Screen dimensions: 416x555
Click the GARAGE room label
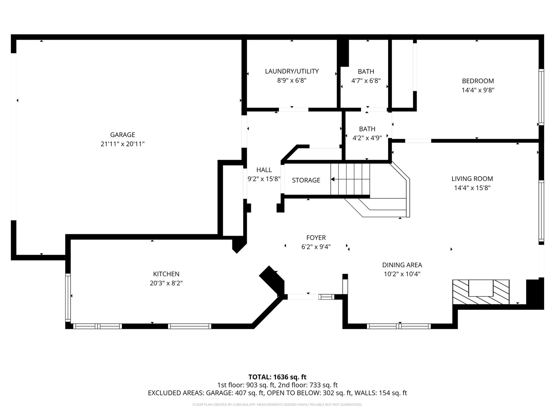pyautogui.click(x=123, y=135)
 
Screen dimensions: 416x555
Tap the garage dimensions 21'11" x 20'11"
pyautogui.click(x=123, y=144)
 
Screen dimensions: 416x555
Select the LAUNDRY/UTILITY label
pyautogui.click(x=292, y=71)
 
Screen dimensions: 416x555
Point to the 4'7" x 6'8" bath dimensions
pyautogui.click(x=366, y=81)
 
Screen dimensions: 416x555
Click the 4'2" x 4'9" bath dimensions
pyautogui.click(x=367, y=138)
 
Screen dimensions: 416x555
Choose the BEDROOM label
pyautogui.click(x=478, y=81)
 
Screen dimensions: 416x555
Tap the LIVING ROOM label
pyautogui.click(x=472, y=179)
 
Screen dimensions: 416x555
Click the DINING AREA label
pyautogui.click(x=402, y=265)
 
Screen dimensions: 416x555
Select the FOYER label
pyautogui.click(x=316, y=238)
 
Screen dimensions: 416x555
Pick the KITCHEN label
pyautogui.click(x=166, y=274)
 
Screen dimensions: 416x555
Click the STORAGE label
pyautogui.click(x=306, y=180)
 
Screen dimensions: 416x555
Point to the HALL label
pyautogui.click(x=264, y=170)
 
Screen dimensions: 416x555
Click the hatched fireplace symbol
pyautogui.click(x=481, y=292)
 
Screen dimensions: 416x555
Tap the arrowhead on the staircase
pyautogui.click(x=333, y=179)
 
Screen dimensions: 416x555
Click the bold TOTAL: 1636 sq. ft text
pyautogui.click(x=277, y=377)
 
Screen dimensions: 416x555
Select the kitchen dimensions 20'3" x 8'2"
pyautogui.click(x=166, y=283)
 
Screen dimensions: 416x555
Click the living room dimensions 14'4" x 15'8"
pyautogui.click(x=472, y=188)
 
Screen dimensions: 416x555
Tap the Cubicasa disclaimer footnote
pyautogui.click(x=277, y=405)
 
